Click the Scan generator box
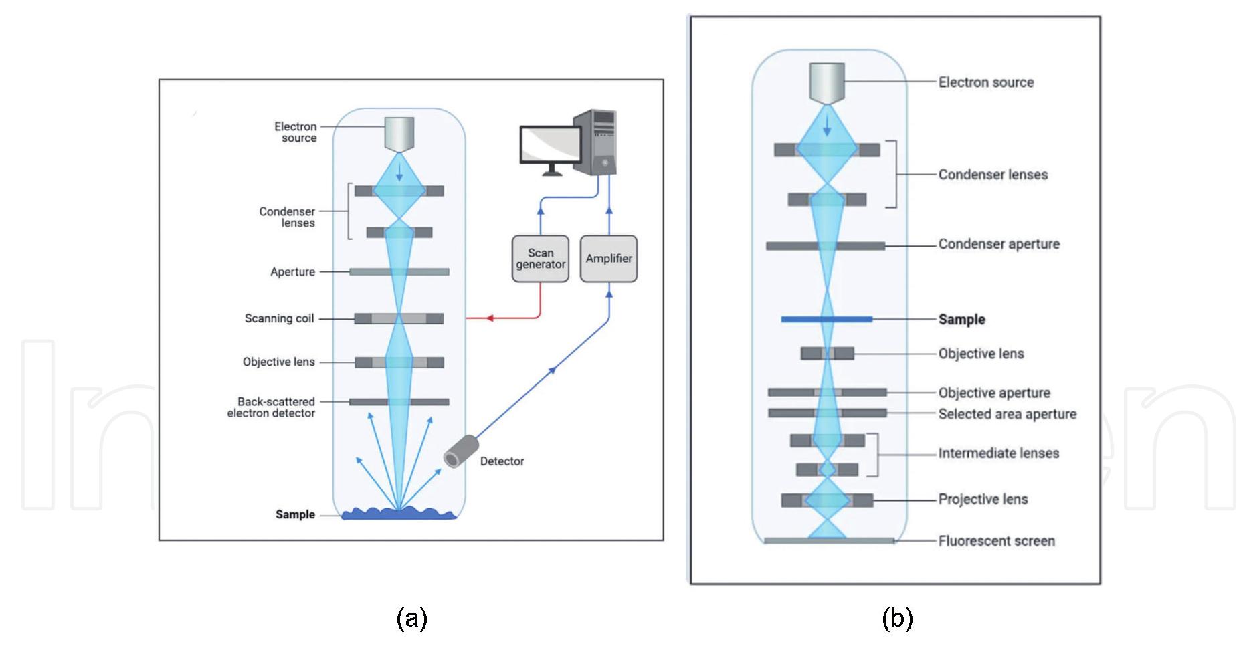click(540, 259)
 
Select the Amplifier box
click(608, 259)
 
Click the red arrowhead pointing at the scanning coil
click(490, 318)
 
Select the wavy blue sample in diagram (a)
click(399, 514)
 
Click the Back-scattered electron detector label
click(272, 407)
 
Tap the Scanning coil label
click(279, 318)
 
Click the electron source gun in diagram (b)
click(827, 83)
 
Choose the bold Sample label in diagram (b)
click(961, 320)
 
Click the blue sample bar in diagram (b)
click(827, 320)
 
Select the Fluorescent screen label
click(996, 541)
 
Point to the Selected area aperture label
click(1007, 414)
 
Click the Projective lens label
click(983, 500)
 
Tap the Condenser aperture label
click(998, 244)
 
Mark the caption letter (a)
click(411, 619)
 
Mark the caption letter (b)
click(896, 619)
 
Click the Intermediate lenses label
click(998, 453)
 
